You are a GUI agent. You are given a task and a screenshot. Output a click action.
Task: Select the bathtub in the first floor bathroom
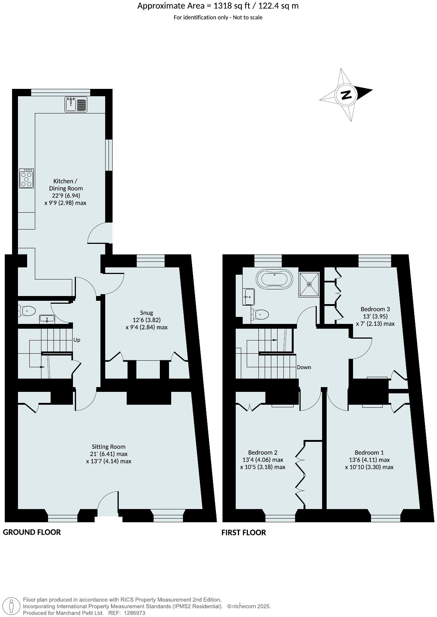(x=275, y=279)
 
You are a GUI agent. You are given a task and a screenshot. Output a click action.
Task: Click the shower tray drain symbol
(x=309, y=284)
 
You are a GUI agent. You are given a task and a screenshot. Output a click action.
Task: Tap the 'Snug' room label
(x=146, y=313)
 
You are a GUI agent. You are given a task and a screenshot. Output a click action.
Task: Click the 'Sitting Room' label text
(x=109, y=447)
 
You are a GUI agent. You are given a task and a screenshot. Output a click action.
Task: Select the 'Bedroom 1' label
(x=369, y=452)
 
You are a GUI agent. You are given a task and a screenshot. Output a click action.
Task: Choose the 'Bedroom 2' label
(x=262, y=452)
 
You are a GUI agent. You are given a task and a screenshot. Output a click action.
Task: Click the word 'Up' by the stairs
(x=77, y=340)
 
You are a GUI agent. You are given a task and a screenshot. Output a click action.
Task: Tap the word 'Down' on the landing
(x=304, y=367)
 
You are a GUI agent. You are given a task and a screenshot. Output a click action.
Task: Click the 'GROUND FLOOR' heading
(x=32, y=532)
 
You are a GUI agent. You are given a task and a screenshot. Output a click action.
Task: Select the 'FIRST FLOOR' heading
(x=243, y=533)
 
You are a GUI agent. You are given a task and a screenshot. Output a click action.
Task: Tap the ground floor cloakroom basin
(x=47, y=319)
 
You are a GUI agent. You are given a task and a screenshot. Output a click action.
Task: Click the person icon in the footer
(x=12, y=606)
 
